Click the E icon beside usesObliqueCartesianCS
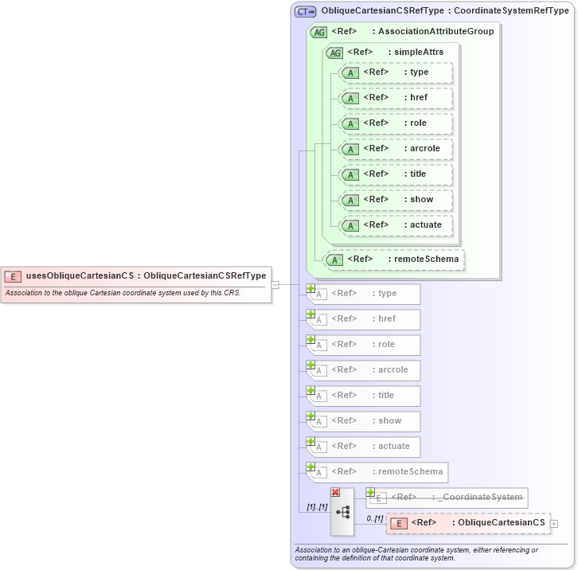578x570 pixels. [x=13, y=276]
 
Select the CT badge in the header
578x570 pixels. [x=306, y=11]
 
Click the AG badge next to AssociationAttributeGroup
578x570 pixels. [x=319, y=32]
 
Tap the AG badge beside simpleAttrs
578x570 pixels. [x=334, y=53]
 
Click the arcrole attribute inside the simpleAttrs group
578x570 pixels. [x=396, y=149]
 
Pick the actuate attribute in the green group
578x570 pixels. [x=396, y=225]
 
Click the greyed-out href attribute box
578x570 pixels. [x=364, y=319]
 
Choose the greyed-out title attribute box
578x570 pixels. [x=364, y=396]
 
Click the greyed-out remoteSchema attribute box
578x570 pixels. [x=377, y=472]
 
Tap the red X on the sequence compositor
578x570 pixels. [x=335, y=493]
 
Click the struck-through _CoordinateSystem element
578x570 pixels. [x=447, y=498]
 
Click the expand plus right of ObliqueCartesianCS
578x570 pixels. [x=554, y=524]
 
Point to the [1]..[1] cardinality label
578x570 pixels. [x=317, y=507]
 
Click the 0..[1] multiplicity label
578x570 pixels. [x=374, y=519]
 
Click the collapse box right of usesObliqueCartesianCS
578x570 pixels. [x=275, y=284]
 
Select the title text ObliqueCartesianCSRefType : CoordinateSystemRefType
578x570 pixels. [x=445, y=11]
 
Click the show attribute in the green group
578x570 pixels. [x=396, y=200]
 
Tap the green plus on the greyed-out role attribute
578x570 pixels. [x=311, y=340]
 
